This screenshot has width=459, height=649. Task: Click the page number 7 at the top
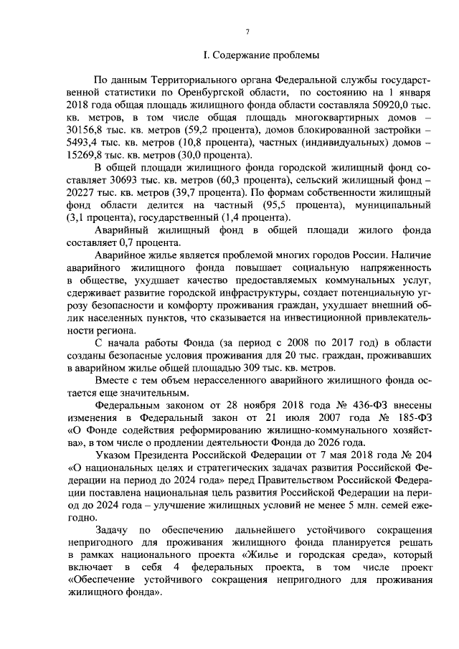pyautogui.click(x=247, y=32)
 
